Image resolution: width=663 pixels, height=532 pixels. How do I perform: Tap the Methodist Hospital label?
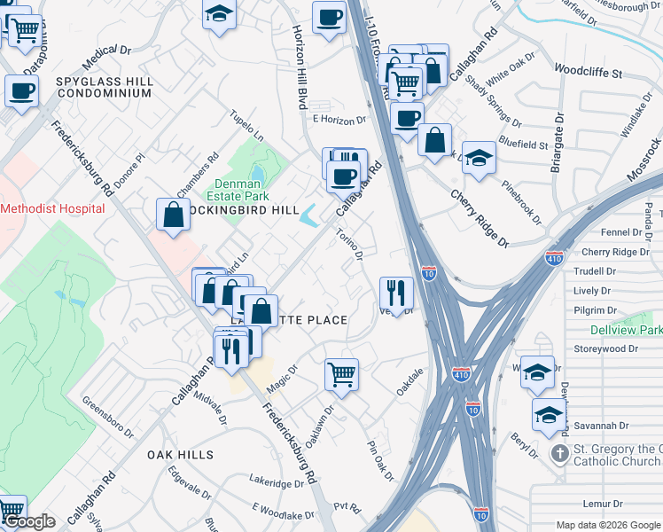coord(52,208)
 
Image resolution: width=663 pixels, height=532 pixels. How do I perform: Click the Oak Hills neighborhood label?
coord(180,454)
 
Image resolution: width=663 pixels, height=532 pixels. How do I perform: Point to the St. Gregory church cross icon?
coord(559,454)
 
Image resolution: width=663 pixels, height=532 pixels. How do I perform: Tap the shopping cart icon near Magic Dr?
coord(341,374)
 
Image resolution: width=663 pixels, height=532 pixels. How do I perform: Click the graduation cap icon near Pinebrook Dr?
coord(479,157)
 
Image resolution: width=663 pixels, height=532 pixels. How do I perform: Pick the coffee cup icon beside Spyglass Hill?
coord(21,90)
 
